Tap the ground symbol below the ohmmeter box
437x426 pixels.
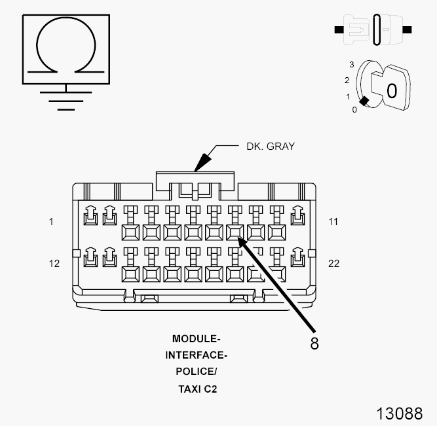pyautogui.click(x=66, y=98)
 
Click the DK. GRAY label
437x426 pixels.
pyautogui.click(x=271, y=146)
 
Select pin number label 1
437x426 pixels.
pyautogui.click(x=51, y=222)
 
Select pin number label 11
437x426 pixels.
pyautogui.click(x=333, y=222)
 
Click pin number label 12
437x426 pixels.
pyautogui.click(x=54, y=264)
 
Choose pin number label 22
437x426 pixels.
pyautogui.click(x=334, y=264)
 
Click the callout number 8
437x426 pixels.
pyautogui.click(x=314, y=343)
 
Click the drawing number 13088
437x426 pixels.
pyautogui.click(x=399, y=414)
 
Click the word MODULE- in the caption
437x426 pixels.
pyautogui.click(x=197, y=339)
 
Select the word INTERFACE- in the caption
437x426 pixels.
pyautogui.click(x=197, y=355)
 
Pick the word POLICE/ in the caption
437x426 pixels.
pyautogui.click(x=197, y=372)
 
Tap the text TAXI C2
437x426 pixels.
pyautogui.click(x=197, y=389)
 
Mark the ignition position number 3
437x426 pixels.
pyautogui.click(x=352, y=65)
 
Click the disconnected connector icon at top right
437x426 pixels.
pyautogui.click(x=373, y=30)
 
